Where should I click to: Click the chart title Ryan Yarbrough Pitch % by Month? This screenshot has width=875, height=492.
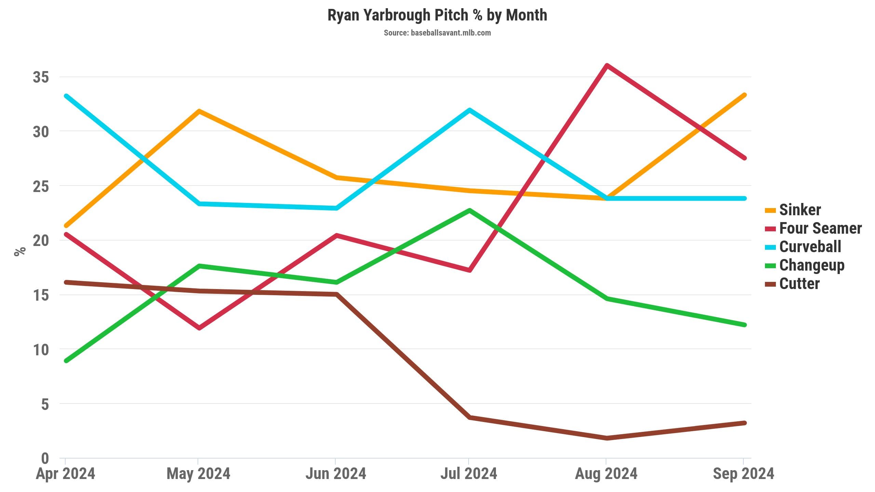pyautogui.click(x=437, y=15)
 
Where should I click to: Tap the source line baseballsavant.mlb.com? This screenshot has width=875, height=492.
pyautogui.click(x=437, y=33)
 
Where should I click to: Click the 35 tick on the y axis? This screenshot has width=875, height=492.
pyautogui.click(x=41, y=77)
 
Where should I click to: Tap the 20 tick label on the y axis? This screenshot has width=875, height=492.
pyautogui.click(x=41, y=241)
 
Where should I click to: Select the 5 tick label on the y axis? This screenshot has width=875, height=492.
pyautogui.click(x=45, y=404)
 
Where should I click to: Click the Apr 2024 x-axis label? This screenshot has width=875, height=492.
pyautogui.click(x=65, y=474)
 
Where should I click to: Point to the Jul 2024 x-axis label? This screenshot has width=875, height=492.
pyautogui.click(x=469, y=474)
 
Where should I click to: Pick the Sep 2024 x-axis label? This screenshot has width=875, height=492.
pyautogui.click(x=743, y=474)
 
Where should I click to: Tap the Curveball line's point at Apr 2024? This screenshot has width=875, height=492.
pyautogui.click(x=66, y=96)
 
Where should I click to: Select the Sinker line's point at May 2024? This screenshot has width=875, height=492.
pyautogui.click(x=199, y=111)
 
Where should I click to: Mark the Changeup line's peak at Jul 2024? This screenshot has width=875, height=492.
pyautogui.click(x=470, y=210)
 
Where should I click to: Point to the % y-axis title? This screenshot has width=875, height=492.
pyautogui.click(x=20, y=251)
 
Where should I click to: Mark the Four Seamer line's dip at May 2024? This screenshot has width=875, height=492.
pyautogui.click(x=199, y=328)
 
